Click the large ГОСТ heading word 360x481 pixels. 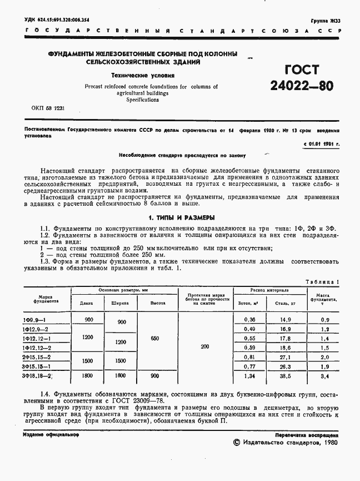click(302, 70)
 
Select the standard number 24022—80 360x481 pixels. click(302, 86)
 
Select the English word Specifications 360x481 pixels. click(143, 100)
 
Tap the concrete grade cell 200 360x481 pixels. click(206, 346)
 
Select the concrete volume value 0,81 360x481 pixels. click(249, 356)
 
